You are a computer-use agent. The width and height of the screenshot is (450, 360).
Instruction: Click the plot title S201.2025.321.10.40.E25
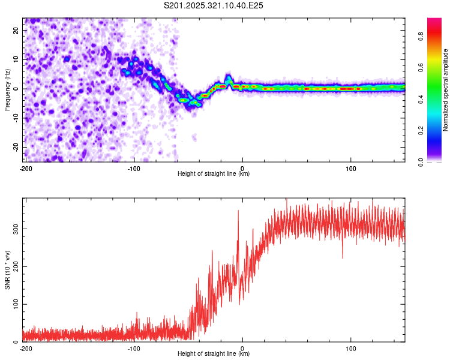coord(214,5)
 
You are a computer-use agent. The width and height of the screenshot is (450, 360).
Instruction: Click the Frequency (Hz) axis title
coord(8,89)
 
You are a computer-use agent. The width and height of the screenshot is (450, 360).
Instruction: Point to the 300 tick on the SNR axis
coord(14,229)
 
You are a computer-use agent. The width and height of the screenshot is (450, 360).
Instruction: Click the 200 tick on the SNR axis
coord(14,266)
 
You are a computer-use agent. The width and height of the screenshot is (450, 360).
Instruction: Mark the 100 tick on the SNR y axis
coord(14,304)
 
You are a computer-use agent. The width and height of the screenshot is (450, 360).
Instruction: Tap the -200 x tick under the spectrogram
coord(26,167)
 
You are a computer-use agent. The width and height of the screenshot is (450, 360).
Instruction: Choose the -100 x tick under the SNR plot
coord(134,347)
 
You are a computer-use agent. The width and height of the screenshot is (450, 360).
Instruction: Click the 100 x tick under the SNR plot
coord(351,347)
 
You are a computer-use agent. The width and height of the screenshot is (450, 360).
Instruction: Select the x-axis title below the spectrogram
coord(214,174)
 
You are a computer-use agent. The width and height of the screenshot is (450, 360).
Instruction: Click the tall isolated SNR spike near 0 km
coord(238,211)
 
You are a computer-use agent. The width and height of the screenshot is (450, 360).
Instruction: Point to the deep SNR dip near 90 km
coord(343,257)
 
